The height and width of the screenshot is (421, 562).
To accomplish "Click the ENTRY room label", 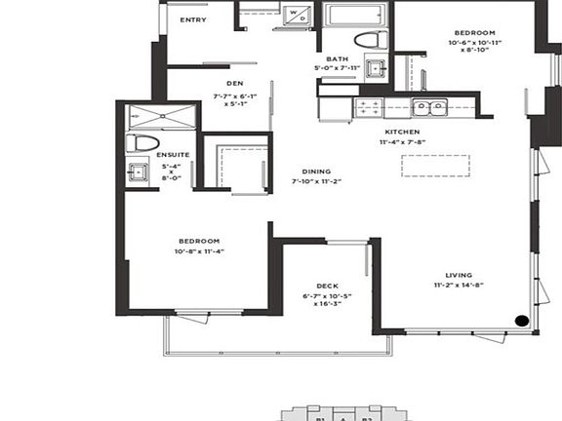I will coord(193,19).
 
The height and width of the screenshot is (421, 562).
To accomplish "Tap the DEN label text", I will coord(234,84).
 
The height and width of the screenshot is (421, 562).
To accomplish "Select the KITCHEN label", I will coord(402,131).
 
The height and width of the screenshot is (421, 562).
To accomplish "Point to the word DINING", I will coord(315,171).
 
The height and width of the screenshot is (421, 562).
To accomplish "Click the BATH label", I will coord(338,58).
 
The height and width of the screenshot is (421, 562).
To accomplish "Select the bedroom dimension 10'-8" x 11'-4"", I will coord(199,250).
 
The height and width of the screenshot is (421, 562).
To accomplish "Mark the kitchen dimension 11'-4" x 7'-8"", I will coord(402,142).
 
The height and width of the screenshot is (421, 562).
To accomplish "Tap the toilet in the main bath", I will coord(369,40).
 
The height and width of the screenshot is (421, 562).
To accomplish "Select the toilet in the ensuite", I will coord(143,142).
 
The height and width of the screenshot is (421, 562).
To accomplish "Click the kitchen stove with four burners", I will coord(370,106).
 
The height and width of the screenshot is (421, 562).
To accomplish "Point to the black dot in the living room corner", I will coord(522,319).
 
